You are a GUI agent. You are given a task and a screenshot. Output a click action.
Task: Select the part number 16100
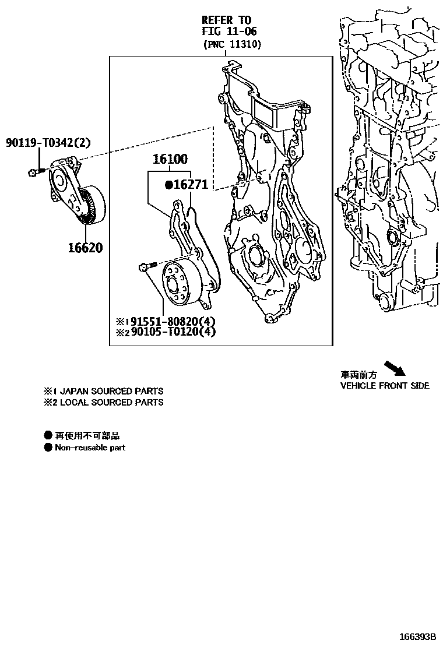coord(170,159)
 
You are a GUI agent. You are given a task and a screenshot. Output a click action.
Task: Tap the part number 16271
coord(191,185)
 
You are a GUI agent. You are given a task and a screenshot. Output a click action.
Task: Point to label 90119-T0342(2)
coord(49,142)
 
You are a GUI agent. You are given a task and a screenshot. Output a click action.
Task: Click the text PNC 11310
coord(232,44)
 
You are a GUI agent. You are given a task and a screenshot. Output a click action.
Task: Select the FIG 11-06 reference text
coord(229,31)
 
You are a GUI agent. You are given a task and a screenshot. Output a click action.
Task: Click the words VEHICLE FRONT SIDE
coord(385,386)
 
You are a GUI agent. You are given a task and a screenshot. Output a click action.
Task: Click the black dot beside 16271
coord(168,185)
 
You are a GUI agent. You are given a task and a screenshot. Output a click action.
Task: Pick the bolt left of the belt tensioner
coord(34,172)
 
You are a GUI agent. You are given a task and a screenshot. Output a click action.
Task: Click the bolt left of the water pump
coord(146,267)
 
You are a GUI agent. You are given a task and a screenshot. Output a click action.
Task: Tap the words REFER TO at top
coord(226,20)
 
